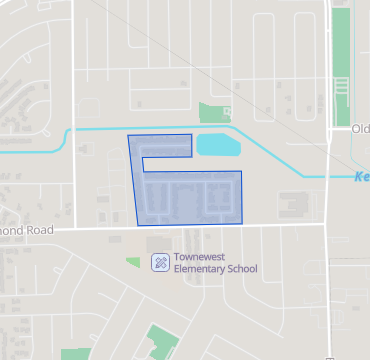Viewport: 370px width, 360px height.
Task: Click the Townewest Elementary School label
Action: point(215,262)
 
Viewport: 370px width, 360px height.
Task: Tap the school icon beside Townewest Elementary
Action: point(159,262)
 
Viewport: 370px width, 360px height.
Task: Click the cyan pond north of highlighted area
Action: point(217,146)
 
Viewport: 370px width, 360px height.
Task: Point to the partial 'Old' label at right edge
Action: point(360,129)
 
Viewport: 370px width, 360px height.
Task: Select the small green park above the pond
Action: point(214,112)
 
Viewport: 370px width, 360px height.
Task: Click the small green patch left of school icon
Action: point(133,261)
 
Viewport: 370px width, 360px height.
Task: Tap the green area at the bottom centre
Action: point(159,340)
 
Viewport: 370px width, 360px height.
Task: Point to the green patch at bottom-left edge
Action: point(73,354)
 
